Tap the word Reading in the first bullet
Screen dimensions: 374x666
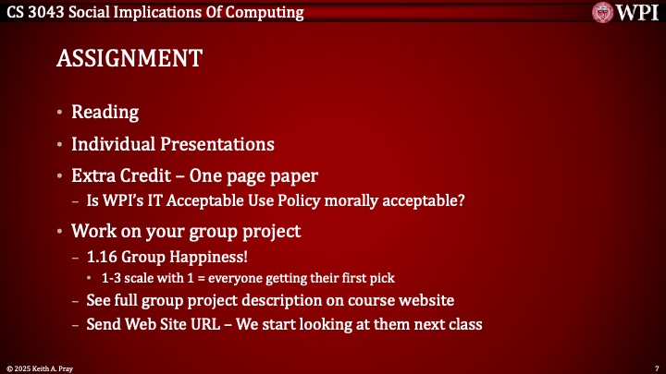click(105, 113)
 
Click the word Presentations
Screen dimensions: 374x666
click(218, 144)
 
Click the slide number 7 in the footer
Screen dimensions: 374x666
click(655, 367)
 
